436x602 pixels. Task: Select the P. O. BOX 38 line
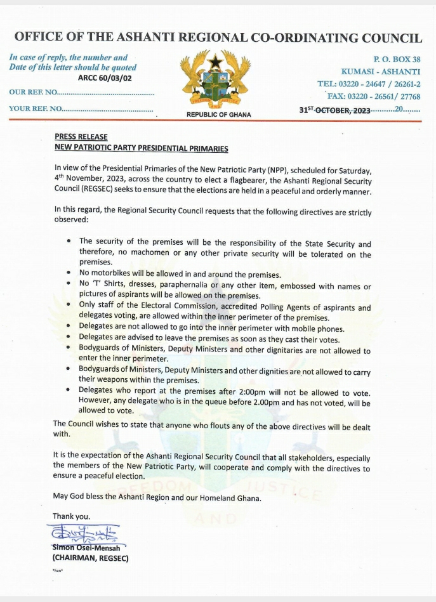(x=398, y=59)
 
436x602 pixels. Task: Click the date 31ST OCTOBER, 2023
(x=334, y=110)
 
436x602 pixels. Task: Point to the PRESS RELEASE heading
(x=81, y=137)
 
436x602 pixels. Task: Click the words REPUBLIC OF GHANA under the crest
(x=218, y=115)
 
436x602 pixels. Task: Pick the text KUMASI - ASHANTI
(x=380, y=71)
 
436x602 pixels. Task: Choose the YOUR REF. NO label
(x=36, y=108)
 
